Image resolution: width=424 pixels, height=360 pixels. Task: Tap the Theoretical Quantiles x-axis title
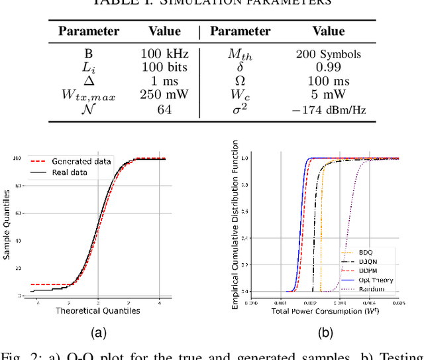click(x=97, y=310)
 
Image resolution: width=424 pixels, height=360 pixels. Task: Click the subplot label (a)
click(x=97, y=333)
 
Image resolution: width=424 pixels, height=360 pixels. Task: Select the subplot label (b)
click(x=325, y=333)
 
